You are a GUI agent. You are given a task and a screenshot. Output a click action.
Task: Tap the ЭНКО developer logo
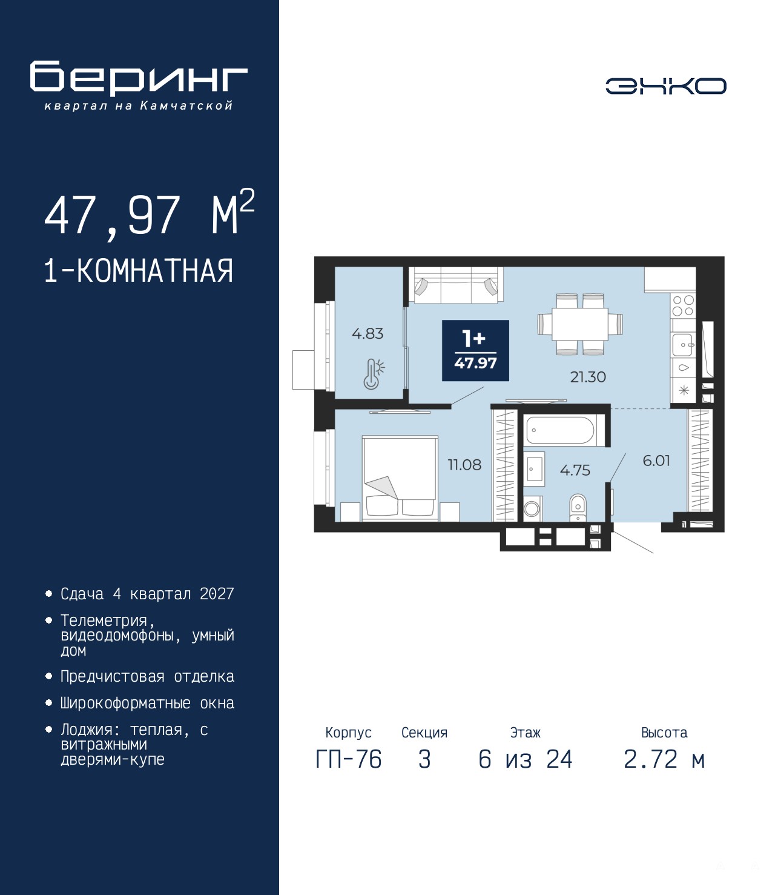click(665, 85)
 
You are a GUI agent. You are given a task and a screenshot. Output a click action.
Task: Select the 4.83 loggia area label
click(368, 334)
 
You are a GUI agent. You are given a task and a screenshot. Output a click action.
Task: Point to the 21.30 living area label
click(588, 377)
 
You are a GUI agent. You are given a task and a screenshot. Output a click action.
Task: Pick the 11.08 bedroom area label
click(464, 465)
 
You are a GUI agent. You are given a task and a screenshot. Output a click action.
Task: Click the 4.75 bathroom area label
click(575, 470)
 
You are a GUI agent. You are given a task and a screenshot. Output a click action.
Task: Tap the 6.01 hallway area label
click(656, 461)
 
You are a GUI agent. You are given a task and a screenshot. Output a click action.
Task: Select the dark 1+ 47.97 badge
click(475, 350)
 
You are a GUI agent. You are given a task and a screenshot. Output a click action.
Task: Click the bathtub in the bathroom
click(563, 430)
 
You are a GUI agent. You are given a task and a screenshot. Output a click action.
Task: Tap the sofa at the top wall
click(456, 285)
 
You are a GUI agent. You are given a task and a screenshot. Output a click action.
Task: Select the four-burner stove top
click(683, 305)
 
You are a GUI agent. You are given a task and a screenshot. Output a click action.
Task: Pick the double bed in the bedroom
click(400, 477)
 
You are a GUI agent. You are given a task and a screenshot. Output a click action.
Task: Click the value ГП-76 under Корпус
click(348, 760)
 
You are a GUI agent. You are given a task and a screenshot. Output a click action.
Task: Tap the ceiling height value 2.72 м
click(664, 760)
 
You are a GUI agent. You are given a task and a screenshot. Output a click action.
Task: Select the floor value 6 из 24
click(526, 760)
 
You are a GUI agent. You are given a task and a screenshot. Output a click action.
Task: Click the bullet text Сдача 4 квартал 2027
click(147, 594)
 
